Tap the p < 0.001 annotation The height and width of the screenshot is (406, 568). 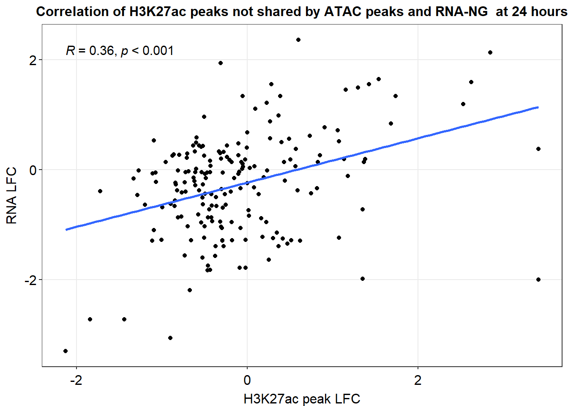pyautogui.click(x=147, y=51)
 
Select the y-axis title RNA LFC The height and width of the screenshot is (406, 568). pyautogui.click(x=11, y=195)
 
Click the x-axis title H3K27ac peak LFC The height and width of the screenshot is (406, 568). pyautogui.click(x=302, y=399)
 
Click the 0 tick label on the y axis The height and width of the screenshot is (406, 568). pyautogui.click(x=33, y=170)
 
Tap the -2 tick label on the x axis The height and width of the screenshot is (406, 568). pyautogui.click(x=76, y=380)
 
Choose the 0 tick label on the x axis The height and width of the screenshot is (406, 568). pyautogui.click(x=247, y=380)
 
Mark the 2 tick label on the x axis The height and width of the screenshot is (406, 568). pyautogui.click(x=418, y=380)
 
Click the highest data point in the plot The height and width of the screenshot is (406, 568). pyautogui.click(x=298, y=40)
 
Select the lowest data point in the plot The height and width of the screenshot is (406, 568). pyautogui.click(x=66, y=351)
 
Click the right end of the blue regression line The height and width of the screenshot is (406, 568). pyautogui.click(x=538, y=107)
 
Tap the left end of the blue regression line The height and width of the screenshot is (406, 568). pyautogui.click(x=66, y=230)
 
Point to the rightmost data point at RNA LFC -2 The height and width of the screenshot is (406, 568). pyautogui.click(x=538, y=280)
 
